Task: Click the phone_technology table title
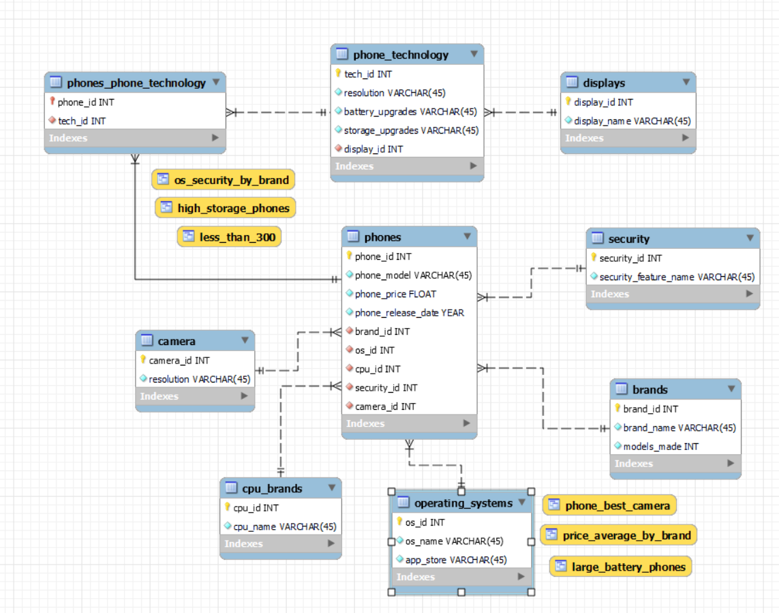(x=400, y=55)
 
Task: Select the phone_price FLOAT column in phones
(x=395, y=294)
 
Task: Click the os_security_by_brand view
(x=231, y=180)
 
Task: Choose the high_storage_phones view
(x=233, y=208)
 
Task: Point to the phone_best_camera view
(x=617, y=505)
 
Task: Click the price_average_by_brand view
(x=626, y=535)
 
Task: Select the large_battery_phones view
(x=628, y=567)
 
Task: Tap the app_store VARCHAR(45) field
(x=455, y=559)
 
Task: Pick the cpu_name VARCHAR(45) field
(x=284, y=526)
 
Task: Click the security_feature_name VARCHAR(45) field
(x=676, y=277)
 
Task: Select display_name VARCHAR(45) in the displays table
(x=632, y=121)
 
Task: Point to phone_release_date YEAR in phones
(x=409, y=312)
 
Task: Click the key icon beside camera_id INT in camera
(x=143, y=359)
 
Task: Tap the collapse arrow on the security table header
(x=750, y=238)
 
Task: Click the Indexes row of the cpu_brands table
(x=280, y=543)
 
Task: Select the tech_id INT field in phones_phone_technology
(x=82, y=121)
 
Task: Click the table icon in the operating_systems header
(x=403, y=503)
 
